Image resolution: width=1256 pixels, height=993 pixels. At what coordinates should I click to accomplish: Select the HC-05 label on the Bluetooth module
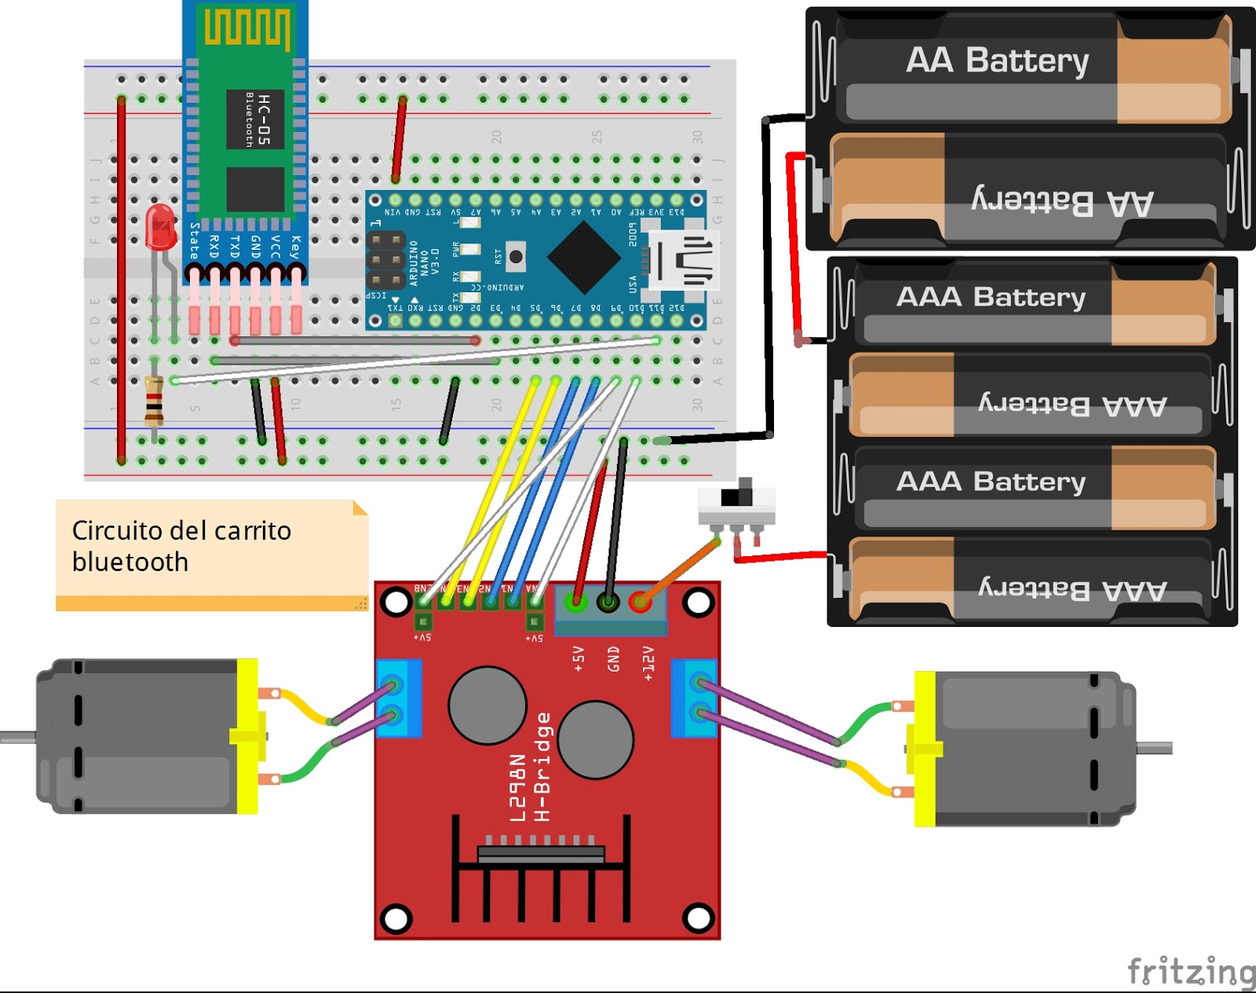point(264,119)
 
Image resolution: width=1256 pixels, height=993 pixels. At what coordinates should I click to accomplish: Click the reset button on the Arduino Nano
point(516,256)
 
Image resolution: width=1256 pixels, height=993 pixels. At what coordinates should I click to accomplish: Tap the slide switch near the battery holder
point(736,503)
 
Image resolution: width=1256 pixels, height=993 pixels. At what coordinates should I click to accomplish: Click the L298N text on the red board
point(517,787)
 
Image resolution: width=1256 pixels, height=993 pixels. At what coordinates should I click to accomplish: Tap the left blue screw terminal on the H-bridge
point(399,698)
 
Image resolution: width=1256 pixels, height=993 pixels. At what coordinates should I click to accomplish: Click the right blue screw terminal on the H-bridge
point(695,698)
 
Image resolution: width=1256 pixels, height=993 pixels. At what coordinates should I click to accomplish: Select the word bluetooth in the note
point(130,562)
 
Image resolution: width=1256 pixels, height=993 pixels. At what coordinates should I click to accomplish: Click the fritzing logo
point(1190,971)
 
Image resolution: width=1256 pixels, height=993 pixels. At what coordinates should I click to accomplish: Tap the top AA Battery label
point(997,60)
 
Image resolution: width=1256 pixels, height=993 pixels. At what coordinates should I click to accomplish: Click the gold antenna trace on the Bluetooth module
point(246,27)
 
